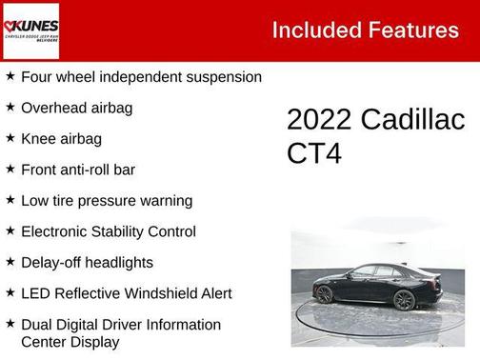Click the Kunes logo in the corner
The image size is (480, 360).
(30, 30)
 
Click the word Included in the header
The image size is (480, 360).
(314, 30)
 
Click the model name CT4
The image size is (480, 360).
(315, 154)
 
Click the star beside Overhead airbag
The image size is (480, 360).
(10, 108)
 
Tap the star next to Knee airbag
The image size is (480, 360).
(10, 139)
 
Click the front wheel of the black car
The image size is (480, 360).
(325, 294)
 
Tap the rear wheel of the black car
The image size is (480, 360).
(405, 300)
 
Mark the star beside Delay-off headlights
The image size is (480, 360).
(10, 262)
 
